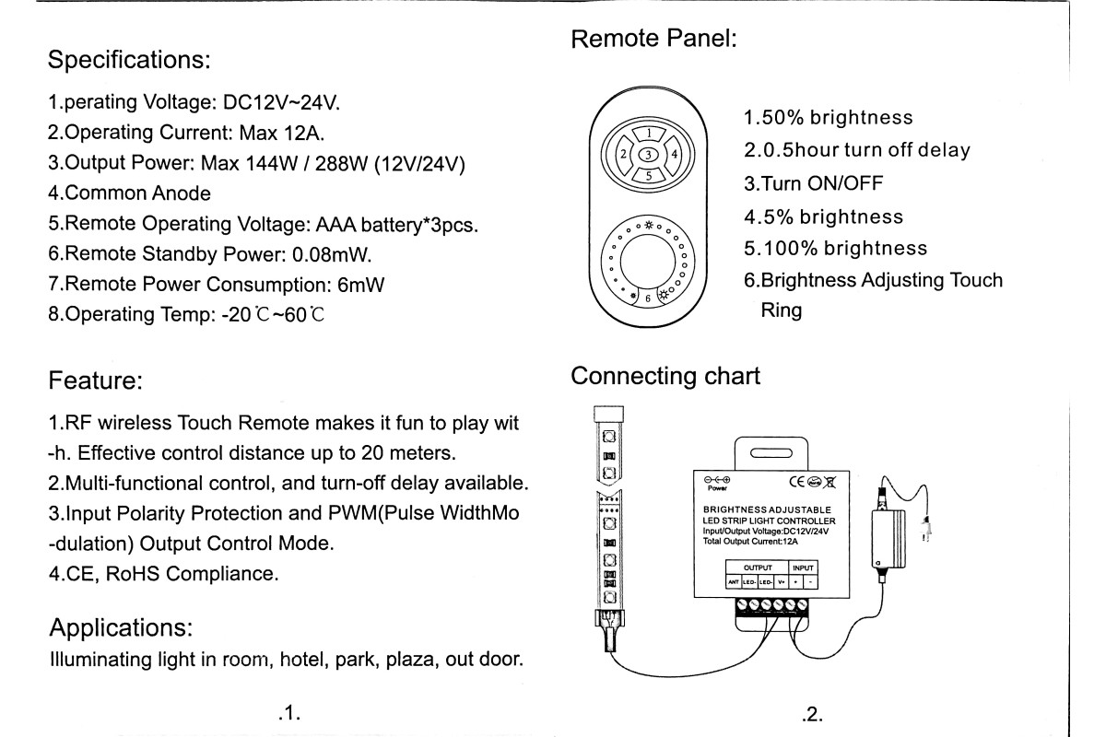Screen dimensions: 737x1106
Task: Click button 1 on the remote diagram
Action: click(648, 135)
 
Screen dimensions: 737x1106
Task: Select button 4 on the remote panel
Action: click(675, 154)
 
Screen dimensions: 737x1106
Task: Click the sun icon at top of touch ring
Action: click(648, 226)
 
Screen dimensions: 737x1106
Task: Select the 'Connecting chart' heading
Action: click(665, 376)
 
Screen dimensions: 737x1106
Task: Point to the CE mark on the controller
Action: click(798, 481)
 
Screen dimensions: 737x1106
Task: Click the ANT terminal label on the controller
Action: click(733, 581)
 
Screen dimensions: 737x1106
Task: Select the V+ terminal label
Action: click(780, 581)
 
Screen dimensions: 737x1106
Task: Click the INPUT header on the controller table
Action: click(803, 567)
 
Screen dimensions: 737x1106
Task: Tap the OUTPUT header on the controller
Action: click(757, 567)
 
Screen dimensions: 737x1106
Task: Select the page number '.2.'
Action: click(812, 712)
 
